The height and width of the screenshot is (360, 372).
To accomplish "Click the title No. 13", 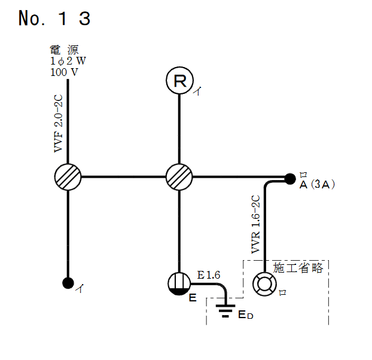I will [x=54, y=19].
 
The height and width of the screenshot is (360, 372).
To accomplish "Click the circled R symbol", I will [x=179, y=81].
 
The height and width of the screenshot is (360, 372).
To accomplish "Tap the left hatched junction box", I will [x=68, y=177].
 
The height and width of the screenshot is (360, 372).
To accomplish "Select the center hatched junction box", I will [x=179, y=177].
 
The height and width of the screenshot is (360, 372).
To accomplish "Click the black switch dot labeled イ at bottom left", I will [x=68, y=283].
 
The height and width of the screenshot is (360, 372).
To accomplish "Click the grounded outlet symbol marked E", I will [x=179, y=283].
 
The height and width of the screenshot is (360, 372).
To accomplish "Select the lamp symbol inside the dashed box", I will [x=264, y=283].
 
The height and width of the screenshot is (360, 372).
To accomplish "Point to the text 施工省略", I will [x=298, y=268].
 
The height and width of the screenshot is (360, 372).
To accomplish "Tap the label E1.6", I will [x=209, y=275].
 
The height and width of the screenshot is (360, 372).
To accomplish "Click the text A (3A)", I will [x=317, y=185].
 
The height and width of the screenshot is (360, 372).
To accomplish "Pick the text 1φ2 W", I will [x=68, y=62].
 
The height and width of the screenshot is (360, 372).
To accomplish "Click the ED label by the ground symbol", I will [x=246, y=315].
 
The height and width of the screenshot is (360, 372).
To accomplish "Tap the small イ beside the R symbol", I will [x=197, y=91].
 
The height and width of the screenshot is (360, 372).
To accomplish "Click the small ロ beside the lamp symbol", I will [x=283, y=292].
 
